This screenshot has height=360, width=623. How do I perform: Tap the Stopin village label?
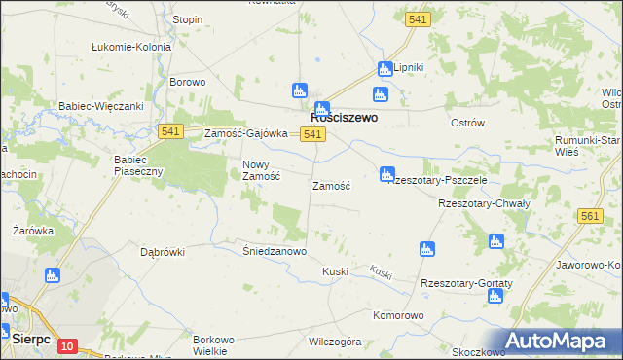pos(187,19)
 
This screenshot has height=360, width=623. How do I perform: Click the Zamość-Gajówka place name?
pos(245,133)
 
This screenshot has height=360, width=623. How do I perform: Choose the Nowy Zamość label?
pos(261,170)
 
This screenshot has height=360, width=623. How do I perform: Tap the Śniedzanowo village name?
pos(275,250)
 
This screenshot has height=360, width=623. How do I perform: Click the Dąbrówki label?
pos(163,251)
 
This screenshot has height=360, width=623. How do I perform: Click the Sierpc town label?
pos(32,338)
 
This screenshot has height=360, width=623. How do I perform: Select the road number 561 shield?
pos(590,217)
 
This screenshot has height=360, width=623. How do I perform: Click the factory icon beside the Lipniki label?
pos(385,67)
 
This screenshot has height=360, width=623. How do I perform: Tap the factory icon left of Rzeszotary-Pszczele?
pos(386,175)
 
